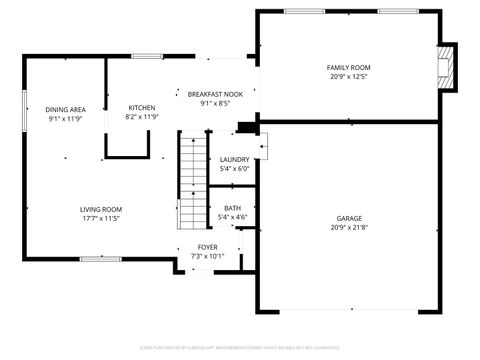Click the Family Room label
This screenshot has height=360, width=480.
coord(348,67)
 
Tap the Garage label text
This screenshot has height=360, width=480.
coord(348,218)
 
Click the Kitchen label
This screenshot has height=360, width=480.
coord(141,107)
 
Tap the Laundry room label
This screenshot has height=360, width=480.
coord(234,159)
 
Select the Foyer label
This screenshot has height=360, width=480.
coord(207,246)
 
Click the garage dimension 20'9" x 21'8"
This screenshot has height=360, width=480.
coord(348,228)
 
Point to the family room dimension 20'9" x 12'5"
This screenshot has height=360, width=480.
coord(348,77)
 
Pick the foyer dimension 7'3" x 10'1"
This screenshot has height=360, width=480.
coord(207,255)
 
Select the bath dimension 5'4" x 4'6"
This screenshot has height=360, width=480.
coord(231,217)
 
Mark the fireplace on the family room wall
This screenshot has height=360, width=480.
coord(448,66)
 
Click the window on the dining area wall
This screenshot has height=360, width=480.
coord(25,109)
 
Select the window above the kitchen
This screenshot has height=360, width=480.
coord(147,56)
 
